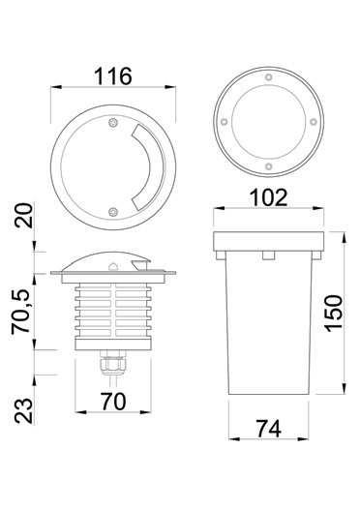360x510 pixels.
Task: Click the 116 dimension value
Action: pos(113,76)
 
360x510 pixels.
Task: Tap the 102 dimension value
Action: pos(269,197)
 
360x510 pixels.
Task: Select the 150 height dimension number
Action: pos(334,314)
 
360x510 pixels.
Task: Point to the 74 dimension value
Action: pos(269,429)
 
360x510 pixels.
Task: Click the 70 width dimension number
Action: pos(113,402)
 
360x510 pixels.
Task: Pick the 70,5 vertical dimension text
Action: pos(21,312)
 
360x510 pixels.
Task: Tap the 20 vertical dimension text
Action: pos(24,215)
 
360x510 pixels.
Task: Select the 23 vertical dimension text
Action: pos(24,410)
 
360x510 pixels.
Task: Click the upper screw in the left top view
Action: pos(113,123)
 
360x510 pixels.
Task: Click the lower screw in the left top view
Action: pos(113,212)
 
